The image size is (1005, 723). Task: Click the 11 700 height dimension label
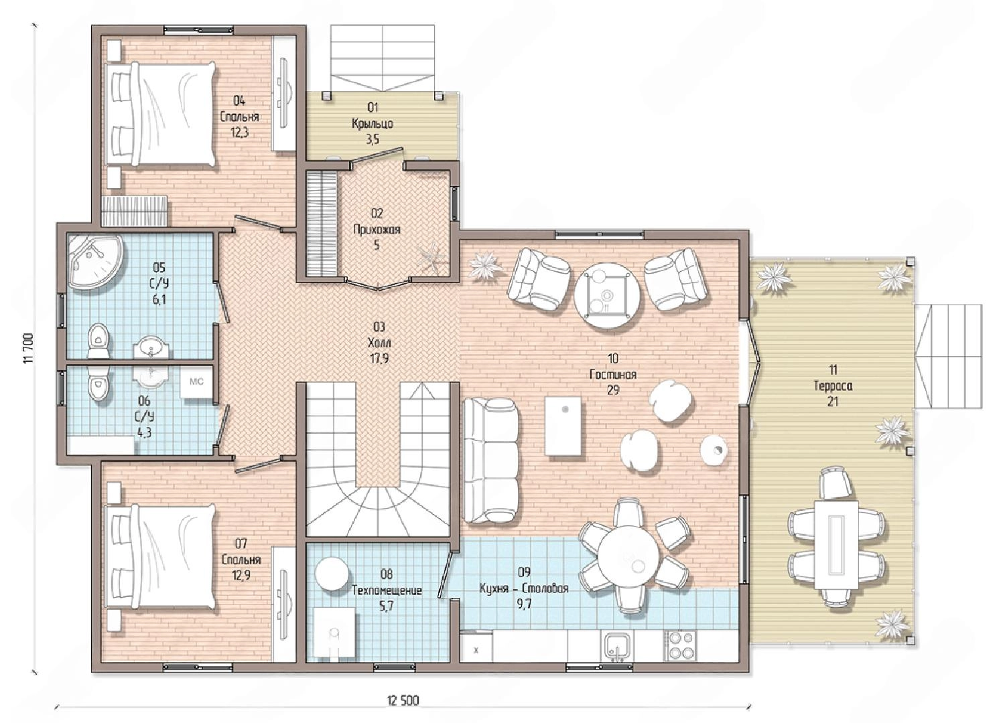click(29, 349)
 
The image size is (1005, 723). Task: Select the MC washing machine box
click(196, 382)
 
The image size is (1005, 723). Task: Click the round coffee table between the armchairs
click(607, 295)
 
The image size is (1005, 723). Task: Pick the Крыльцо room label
click(373, 123)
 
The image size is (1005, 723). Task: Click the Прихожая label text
click(377, 230)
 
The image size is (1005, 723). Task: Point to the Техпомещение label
click(387, 590)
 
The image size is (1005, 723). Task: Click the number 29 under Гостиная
click(613, 390)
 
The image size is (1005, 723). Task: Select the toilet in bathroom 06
click(98, 386)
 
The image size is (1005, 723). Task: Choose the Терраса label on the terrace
click(833, 386)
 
